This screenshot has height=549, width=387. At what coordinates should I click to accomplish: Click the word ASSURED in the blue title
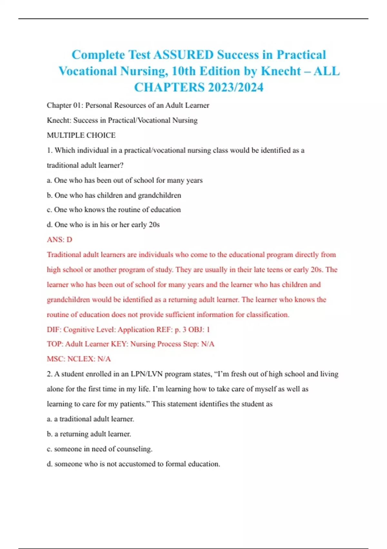pyautogui.click(x=183, y=55)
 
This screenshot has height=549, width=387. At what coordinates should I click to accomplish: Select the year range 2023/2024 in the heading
pyautogui.click(x=235, y=88)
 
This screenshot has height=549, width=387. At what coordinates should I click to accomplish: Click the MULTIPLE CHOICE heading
pyautogui.click(x=81, y=135)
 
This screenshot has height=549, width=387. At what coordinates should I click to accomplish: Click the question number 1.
pyautogui.click(x=49, y=150)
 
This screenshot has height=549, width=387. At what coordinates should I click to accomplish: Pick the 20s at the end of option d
pyautogui.click(x=154, y=225)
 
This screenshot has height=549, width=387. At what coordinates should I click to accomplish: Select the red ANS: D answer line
pyautogui.click(x=59, y=240)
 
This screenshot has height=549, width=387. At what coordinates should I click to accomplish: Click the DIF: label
pyautogui.click(x=54, y=330)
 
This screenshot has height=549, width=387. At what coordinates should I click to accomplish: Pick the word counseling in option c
pyautogui.click(x=135, y=449)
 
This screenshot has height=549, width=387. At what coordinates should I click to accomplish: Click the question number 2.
pyautogui.click(x=49, y=374)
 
